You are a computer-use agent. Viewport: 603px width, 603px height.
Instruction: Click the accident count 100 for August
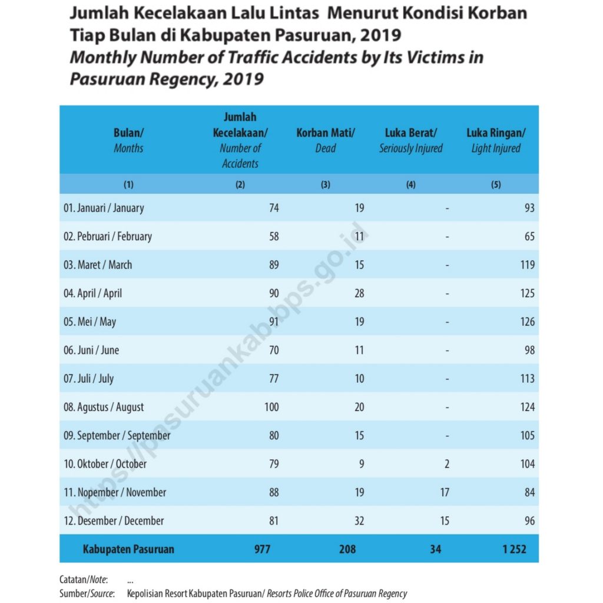[x=271, y=407]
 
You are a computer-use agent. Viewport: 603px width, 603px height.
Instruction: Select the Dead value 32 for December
[x=359, y=521]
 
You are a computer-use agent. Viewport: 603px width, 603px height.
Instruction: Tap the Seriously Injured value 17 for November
[x=445, y=492]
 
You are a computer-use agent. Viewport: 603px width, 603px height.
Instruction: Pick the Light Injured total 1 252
[x=514, y=549]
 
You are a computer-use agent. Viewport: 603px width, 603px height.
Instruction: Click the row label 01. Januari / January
[x=104, y=208]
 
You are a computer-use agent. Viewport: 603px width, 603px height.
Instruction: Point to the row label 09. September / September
[x=117, y=436]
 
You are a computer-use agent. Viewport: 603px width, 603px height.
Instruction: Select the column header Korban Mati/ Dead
[x=325, y=140]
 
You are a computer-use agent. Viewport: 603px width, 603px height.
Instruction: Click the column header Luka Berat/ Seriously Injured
[x=410, y=140]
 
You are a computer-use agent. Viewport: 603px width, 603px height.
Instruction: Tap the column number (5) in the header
[x=496, y=184]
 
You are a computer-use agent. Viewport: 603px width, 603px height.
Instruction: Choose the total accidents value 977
[x=262, y=549]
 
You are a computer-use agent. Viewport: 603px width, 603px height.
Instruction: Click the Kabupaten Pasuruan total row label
[x=128, y=549]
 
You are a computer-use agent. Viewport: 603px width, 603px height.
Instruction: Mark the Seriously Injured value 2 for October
[x=447, y=464]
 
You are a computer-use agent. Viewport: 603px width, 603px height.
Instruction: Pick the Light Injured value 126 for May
[x=527, y=322]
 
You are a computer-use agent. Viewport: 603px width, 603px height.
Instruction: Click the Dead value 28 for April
[x=359, y=293]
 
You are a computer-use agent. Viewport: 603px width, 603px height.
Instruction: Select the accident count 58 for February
[x=274, y=236]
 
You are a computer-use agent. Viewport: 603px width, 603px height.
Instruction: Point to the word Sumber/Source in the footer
[x=87, y=594]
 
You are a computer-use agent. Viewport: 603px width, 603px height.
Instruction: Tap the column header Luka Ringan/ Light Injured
[x=496, y=140]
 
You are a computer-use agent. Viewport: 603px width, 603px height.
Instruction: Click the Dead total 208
[x=347, y=549]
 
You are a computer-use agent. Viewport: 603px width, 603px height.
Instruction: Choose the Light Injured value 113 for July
[x=527, y=379]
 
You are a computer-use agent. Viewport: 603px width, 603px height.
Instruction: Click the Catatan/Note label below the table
[x=84, y=579]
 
